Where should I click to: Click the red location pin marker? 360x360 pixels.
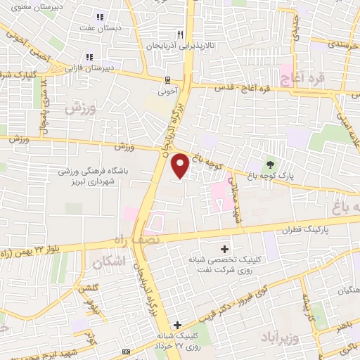coord(181,165)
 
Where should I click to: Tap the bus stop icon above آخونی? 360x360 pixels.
coord(167,79)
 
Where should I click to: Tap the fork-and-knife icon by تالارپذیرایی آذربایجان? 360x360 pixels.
coord(181,34)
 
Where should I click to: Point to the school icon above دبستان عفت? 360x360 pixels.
coord(101,17)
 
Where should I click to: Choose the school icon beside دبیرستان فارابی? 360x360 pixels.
coord(89,57)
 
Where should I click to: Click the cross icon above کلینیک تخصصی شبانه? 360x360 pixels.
coord(224,249)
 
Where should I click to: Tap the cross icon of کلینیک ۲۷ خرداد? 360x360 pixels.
coord(178,325)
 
